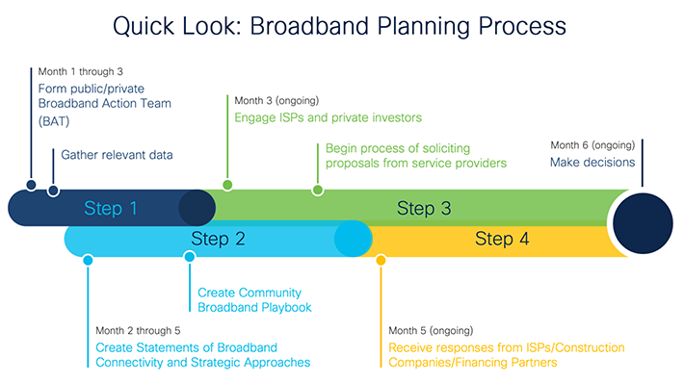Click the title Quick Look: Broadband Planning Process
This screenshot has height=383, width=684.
[339, 26]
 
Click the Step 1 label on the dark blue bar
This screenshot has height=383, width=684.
[110, 208]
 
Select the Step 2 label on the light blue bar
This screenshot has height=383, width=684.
[218, 239]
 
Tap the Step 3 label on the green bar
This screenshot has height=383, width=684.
[424, 208]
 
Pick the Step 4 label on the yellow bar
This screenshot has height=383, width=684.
[501, 239]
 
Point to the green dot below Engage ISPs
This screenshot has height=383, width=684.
[227, 184]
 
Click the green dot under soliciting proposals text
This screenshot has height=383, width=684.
[318, 190]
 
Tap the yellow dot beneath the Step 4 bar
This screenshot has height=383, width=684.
[381, 260]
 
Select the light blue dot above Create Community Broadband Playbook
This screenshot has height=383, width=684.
[190, 257]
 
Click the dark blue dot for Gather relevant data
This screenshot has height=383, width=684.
[53, 190]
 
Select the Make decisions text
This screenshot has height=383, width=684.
[592, 163]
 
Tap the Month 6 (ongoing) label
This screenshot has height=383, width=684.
[592, 145]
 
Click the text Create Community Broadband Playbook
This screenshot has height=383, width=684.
[250, 299]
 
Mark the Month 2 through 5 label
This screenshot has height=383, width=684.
[136, 330]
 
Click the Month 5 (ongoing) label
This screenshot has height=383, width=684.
[431, 330]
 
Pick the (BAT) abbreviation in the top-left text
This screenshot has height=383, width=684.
[54, 123]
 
